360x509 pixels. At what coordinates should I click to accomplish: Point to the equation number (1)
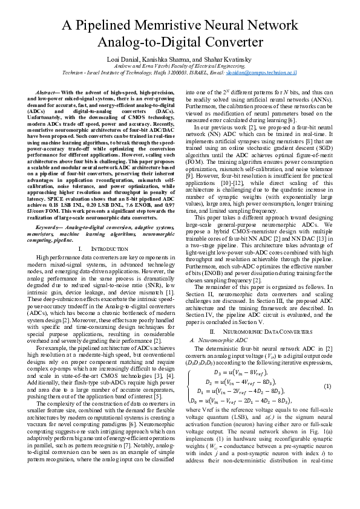(x=327, y=386)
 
